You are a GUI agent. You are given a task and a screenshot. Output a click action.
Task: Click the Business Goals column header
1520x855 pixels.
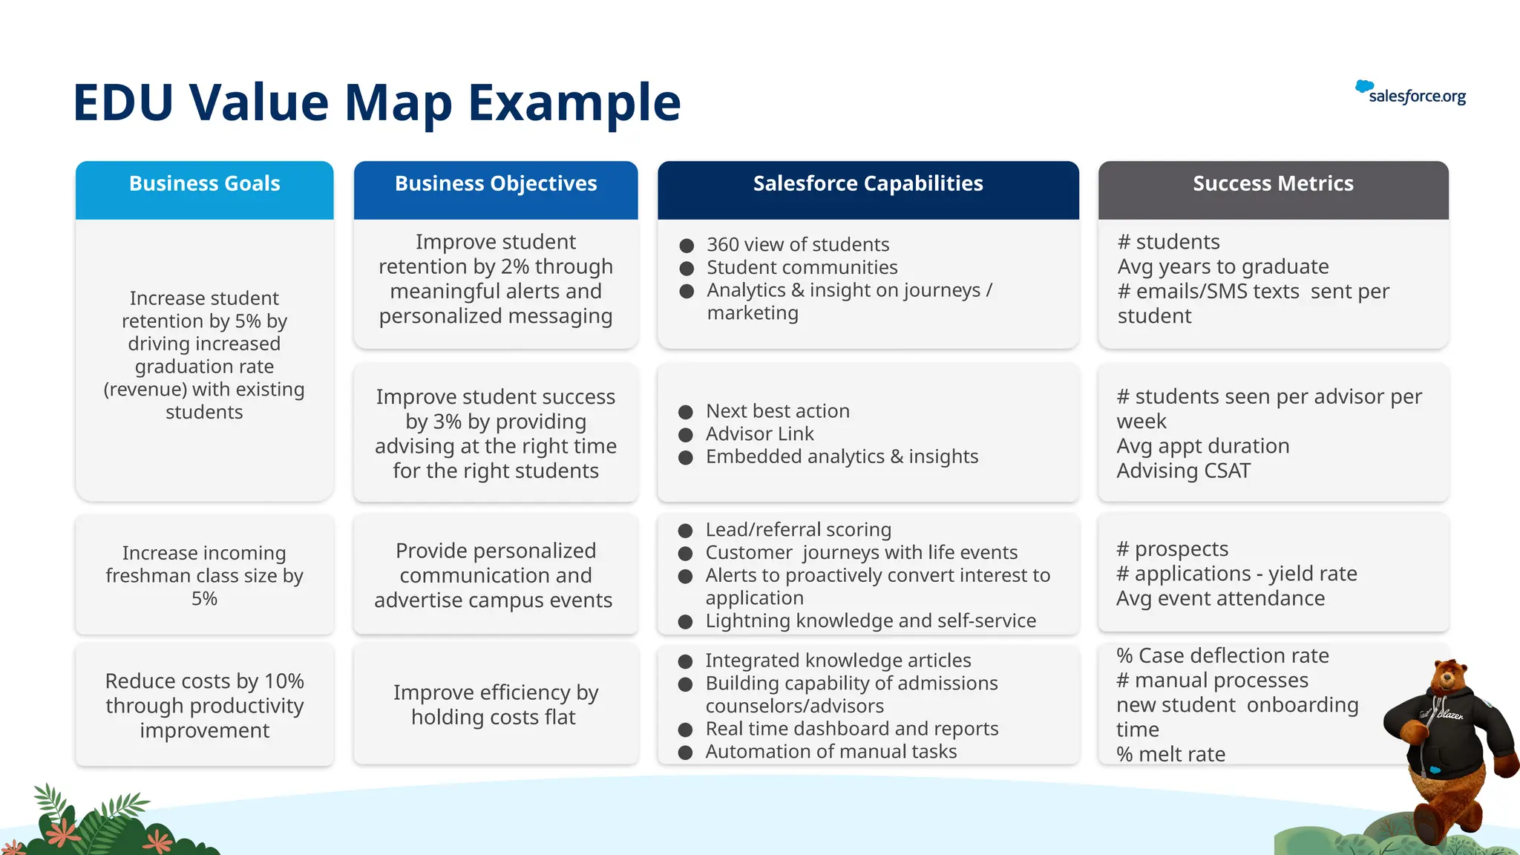point(204,184)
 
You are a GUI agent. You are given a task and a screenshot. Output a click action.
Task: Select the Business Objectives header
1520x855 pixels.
point(496,184)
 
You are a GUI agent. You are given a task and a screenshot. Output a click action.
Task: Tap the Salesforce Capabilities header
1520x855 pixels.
point(868,184)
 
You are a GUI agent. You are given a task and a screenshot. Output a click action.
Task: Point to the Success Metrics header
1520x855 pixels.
point(1273,184)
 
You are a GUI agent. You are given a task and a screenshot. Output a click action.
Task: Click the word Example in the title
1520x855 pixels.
point(574,102)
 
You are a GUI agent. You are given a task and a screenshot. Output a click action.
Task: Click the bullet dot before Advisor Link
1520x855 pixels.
point(686,435)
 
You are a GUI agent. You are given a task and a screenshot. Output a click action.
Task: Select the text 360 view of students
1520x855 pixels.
point(798,245)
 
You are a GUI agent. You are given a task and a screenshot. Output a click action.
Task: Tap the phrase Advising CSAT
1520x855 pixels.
point(1183,471)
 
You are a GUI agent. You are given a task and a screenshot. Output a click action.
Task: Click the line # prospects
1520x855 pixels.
point(1173,549)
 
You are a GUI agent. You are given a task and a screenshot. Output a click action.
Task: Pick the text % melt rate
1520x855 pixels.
point(1171,754)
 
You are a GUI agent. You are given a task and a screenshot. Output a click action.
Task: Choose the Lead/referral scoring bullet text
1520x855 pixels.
point(798,530)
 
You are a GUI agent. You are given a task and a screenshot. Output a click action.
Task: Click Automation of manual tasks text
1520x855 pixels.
point(831,752)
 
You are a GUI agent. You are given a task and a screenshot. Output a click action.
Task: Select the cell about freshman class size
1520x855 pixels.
point(204,576)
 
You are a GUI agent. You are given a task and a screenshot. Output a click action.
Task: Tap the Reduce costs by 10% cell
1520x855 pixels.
point(204,705)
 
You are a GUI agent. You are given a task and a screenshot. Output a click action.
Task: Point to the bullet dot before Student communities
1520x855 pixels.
point(687,269)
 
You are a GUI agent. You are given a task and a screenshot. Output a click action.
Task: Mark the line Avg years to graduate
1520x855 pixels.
point(1222,267)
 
